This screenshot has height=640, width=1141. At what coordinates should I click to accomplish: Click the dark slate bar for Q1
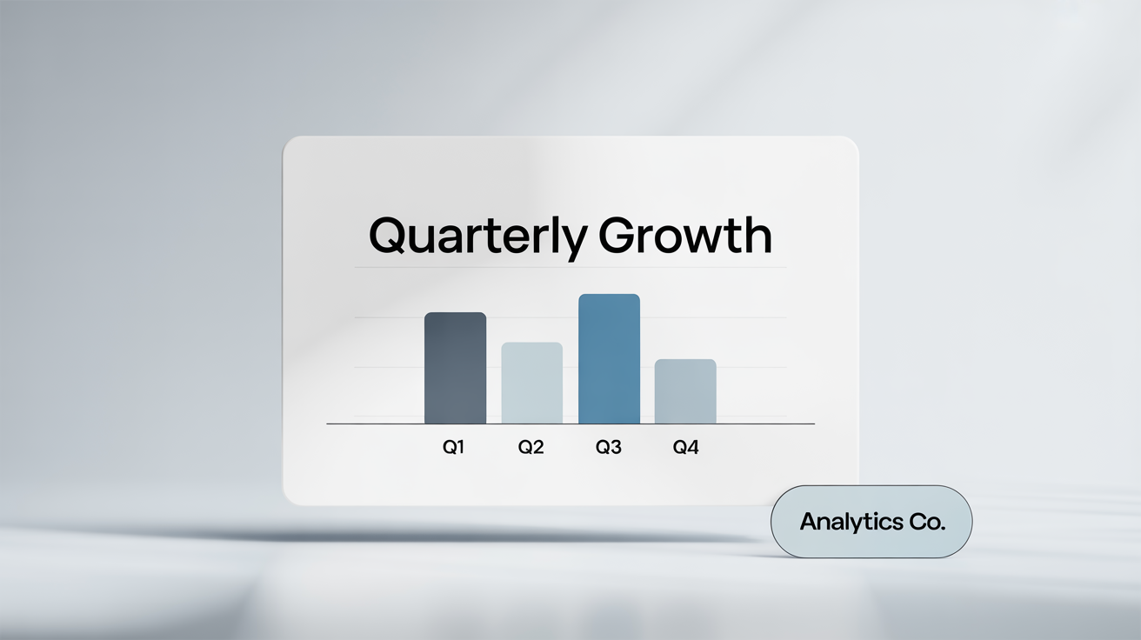coord(455,368)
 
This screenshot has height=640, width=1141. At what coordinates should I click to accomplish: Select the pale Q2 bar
coord(531,383)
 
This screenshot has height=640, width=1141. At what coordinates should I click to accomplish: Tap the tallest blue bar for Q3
coord(609,359)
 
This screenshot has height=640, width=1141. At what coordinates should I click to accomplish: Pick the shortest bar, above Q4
coord(685,391)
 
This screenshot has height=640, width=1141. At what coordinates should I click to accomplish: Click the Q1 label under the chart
coord(453,449)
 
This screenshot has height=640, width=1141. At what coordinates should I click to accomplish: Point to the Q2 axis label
coord(530,449)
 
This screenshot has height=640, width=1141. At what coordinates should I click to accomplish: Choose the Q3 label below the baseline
coord(608,449)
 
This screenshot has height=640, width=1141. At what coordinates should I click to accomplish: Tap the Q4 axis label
coord(685,449)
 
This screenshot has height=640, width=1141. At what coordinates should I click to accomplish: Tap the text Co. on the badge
coord(927,523)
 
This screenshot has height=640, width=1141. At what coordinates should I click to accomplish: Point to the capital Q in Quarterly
coord(388,235)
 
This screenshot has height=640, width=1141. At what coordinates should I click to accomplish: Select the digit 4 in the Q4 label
coord(692,449)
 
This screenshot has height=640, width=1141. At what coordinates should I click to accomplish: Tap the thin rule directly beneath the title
coord(570,268)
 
